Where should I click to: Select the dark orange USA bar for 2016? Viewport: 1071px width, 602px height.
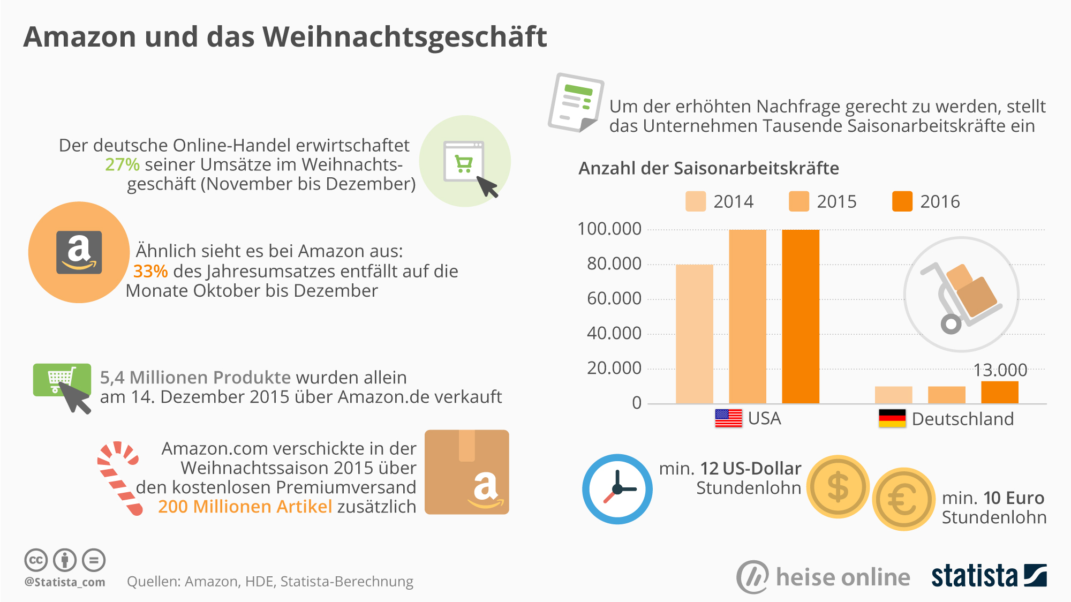pyautogui.click(x=800, y=316)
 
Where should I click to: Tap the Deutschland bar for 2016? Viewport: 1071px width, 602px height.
pyautogui.click(x=999, y=392)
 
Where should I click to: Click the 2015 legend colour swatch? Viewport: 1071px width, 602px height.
pyautogui.click(x=798, y=201)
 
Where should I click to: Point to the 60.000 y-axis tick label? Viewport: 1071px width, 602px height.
pyautogui.click(x=614, y=298)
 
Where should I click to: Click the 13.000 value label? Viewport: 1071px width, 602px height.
pyautogui.click(x=1000, y=370)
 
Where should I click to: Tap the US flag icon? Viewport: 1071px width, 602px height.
pyautogui.click(x=728, y=418)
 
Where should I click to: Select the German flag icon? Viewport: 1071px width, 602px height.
pyautogui.click(x=892, y=418)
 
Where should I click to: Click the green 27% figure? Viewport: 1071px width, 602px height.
pyautogui.click(x=122, y=164)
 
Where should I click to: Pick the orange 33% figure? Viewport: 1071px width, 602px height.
pyautogui.click(x=150, y=271)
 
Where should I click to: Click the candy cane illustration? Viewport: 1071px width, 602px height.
pyautogui.click(x=119, y=477)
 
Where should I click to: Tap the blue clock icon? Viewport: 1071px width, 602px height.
pyautogui.click(x=617, y=488)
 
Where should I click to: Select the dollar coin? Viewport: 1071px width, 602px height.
pyautogui.click(x=838, y=486)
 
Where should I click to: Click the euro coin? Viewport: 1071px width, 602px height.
pyautogui.click(x=904, y=499)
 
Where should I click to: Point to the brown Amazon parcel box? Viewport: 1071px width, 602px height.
pyautogui.click(x=466, y=472)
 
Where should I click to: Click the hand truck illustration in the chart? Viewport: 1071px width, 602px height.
pyautogui.click(x=961, y=295)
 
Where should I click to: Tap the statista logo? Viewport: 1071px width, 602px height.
pyautogui.click(x=989, y=576)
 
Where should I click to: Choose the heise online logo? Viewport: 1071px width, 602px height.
pyautogui.click(x=823, y=577)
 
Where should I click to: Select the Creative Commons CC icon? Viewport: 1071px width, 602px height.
pyautogui.click(x=36, y=560)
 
